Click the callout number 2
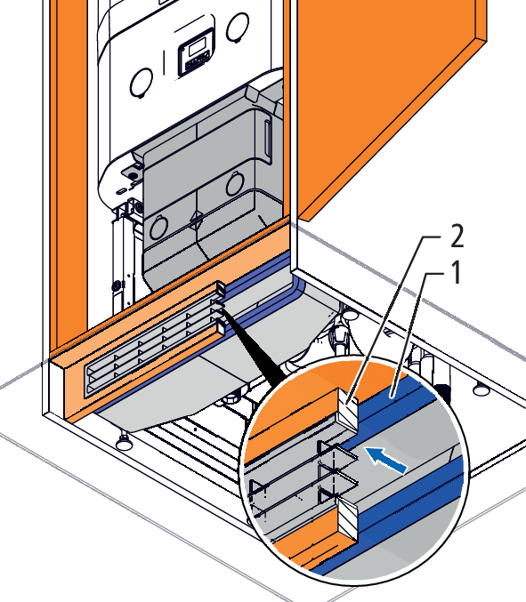coord(457,236)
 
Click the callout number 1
coord(456,273)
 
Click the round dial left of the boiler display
coord(141,83)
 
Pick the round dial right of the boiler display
coord(238,26)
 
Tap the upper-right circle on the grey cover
coord(235,183)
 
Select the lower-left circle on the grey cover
coord(158,228)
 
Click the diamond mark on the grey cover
coord(197,221)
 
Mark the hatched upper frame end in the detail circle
coord(348,409)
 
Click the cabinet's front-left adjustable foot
coord(124,442)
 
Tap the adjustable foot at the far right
coord(481,389)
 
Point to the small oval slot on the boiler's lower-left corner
coord(121,190)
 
